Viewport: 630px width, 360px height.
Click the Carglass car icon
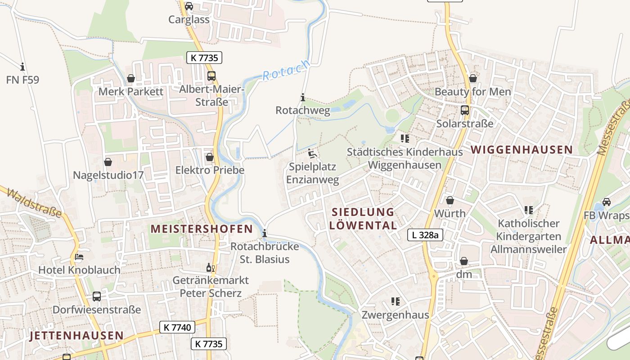(189, 6)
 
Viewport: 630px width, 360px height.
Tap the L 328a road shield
(425, 234)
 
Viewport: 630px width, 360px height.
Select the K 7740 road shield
(177, 327)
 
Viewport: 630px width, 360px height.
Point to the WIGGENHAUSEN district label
(522, 150)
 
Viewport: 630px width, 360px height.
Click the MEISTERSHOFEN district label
(202, 229)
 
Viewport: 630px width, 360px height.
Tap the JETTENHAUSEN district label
(76, 335)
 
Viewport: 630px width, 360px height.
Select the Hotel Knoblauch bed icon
(79, 257)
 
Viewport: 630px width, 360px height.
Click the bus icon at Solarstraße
(464, 110)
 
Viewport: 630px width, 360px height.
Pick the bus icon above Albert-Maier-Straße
(211, 76)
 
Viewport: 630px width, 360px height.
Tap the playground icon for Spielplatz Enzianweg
(312, 153)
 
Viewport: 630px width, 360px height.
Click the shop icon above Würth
(450, 200)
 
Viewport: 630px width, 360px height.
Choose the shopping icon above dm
(463, 261)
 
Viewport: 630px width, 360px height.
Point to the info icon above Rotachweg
(302, 97)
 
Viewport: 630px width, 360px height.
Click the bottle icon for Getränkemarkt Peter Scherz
(210, 268)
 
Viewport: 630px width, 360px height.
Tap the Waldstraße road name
(34, 203)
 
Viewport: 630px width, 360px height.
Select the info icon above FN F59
(22, 67)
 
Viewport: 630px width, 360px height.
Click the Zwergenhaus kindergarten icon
(395, 301)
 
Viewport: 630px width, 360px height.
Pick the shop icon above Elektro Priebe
(209, 157)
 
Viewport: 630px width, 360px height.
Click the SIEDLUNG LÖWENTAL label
(363, 218)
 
